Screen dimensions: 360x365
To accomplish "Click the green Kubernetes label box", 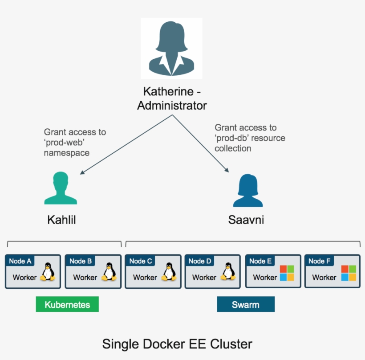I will point(67,305).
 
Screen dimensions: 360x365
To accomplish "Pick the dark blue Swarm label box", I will point(246,305).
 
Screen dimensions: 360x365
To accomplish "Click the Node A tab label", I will point(20,261).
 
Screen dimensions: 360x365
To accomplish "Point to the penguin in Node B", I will point(109,272).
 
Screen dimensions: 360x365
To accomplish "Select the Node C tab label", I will point(141,261).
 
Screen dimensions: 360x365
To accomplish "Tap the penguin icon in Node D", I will point(228,272).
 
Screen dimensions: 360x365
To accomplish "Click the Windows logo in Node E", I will point(287,273).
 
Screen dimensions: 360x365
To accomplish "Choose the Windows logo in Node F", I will point(349,273).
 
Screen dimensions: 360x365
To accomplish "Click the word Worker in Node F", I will point(324,278).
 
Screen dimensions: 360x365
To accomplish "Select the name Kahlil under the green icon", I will point(61,220).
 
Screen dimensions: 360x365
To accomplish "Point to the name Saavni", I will point(246,220).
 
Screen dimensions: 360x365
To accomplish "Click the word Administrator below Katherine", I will point(172,106).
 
